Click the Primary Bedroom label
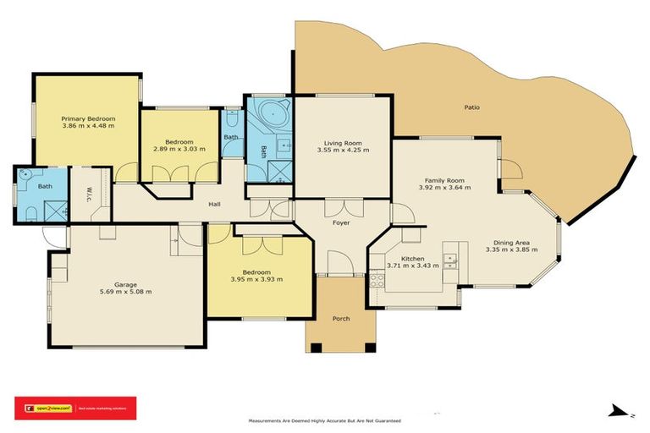(88, 118)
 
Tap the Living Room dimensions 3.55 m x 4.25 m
(343, 151)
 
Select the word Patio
(472, 107)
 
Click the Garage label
(126, 285)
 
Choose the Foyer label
(341, 222)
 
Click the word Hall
(216, 203)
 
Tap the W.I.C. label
(89, 194)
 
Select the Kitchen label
(412, 258)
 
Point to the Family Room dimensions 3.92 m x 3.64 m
(444, 188)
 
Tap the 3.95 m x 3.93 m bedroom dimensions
(256, 279)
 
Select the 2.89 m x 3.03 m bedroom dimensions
(179, 149)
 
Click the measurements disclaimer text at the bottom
(324, 420)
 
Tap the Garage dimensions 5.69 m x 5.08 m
(125, 293)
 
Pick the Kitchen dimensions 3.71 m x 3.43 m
(411, 266)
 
